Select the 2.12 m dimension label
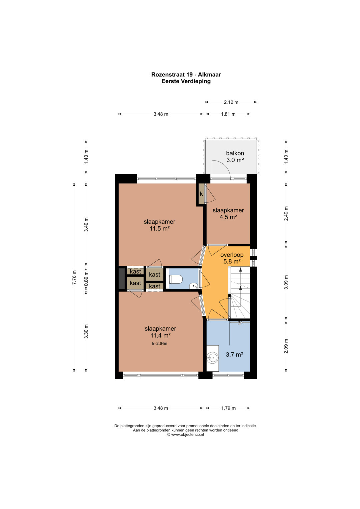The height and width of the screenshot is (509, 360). tap(231, 102)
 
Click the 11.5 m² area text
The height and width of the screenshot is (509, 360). tap(160, 228)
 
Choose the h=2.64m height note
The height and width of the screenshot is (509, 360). tap(159, 343)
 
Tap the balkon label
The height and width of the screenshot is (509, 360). tap(235, 153)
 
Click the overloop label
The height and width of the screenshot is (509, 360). tap(232, 255)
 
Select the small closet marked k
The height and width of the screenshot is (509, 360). tap(201, 194)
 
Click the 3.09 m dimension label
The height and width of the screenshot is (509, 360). tap(286, 282)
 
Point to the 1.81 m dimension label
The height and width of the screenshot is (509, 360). tap(228, 114)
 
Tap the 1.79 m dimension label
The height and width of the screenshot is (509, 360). tap(228, 408)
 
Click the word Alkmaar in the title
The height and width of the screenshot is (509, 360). tap(209, 75)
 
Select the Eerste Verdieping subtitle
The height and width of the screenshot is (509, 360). tap(186, 81)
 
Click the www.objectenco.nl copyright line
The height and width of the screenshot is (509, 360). tap(185, 434)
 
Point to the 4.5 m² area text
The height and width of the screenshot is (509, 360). tap(228, 217)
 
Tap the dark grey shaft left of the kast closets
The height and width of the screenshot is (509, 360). tap(122, 279)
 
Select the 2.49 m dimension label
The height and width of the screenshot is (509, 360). tap(286, 213)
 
